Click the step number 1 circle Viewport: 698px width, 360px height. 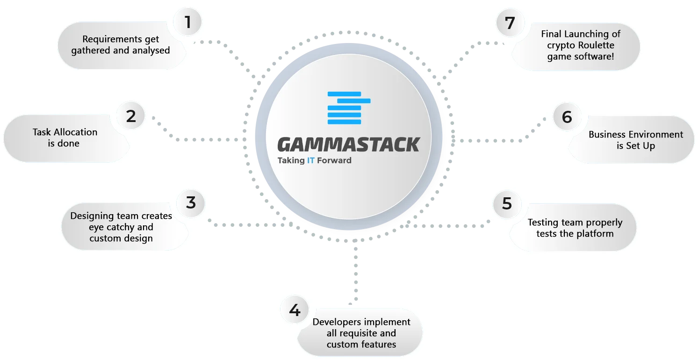[187, 22]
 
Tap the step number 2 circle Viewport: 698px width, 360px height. [131, 116]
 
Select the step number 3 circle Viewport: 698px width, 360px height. [191, 203]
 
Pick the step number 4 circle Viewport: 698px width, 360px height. [295, 310]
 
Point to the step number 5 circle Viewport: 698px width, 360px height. [507, 204]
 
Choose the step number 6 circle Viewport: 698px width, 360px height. [567, 117]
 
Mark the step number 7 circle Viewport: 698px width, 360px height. [510, 23]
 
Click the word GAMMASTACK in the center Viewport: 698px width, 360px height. [349, 144]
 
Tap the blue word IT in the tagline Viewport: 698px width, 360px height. [311, 160]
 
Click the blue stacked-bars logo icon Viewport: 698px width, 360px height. [349, 108]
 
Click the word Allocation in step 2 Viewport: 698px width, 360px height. [75, 132]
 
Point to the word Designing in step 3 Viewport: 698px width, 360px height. [92, 216]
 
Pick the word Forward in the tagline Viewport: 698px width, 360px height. [334, 160]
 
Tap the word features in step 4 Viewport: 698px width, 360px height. [377, 345]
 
